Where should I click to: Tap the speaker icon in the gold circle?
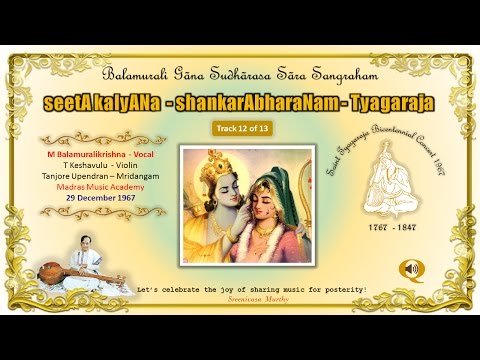(x=410, y=268)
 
